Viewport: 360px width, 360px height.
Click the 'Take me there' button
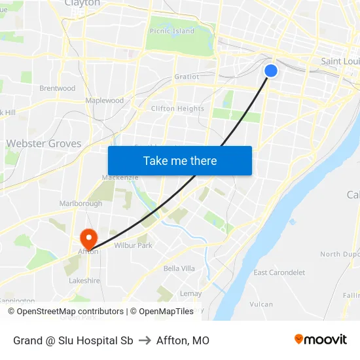[x=180, y=160]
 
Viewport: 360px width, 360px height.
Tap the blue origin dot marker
[x=271, y=71]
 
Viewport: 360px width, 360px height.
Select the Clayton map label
[x=82, y=3]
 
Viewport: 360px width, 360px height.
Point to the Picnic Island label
[x=172, y=31]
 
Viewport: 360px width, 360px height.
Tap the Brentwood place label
[x=58, y=88]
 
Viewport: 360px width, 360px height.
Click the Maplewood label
[x=105, y=101]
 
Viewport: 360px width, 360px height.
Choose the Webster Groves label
[x=44, y=143]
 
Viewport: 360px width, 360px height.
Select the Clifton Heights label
[x=177, y=109]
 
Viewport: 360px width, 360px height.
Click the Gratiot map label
[x=187, y=77]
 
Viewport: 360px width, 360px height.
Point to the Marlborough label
[x=81, y=204]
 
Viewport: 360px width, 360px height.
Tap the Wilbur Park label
[x=133, y=245]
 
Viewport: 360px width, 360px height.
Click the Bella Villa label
[x=179, y=268]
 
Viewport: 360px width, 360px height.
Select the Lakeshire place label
[x=84, y=280]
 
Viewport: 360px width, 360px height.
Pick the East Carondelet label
[x=279, y=272]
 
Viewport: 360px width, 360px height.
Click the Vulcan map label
[x=261, y=304]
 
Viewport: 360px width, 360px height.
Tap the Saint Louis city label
[x=340, y=61]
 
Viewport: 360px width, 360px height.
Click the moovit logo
[x=321, y=339]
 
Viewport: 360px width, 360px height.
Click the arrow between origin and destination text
[x=145, y=340]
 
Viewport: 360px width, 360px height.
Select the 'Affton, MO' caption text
[x=183, y=340]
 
